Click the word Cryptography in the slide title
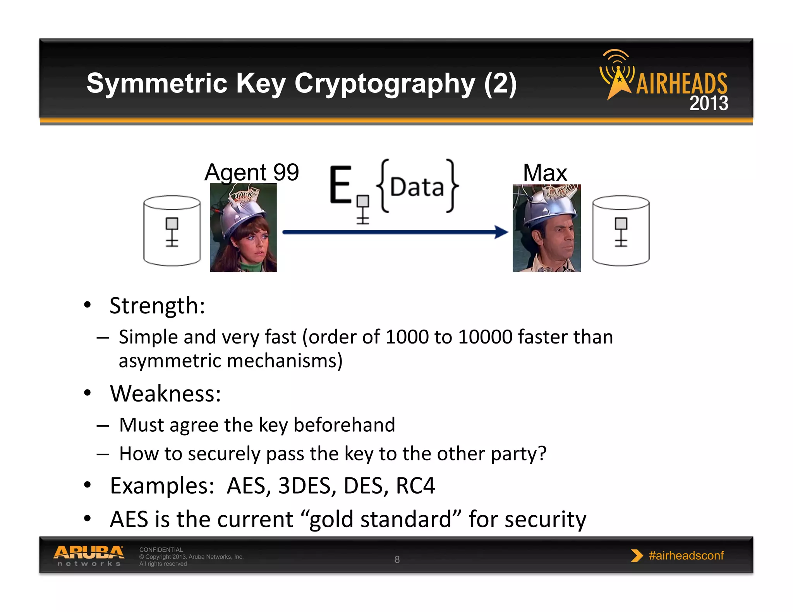tap(384, 84)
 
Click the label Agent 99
tap(252, 172)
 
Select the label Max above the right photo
tap(545, 173)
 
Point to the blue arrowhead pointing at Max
tap(502, 232)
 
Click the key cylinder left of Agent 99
tap(172, 231)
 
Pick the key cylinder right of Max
tap(621, 231)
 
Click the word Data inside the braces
tap(417, 187)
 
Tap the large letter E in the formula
tap(340, 185)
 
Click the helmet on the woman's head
tap(244, 212)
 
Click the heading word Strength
tap(157, 306)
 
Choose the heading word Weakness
tap(165, 394)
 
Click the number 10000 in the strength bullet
tap(485, 337)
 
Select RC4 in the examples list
tap(415, 485)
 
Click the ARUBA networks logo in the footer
tap(89, 556)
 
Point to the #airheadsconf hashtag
tap(686, 556)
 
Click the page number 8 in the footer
tap(397, 559)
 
